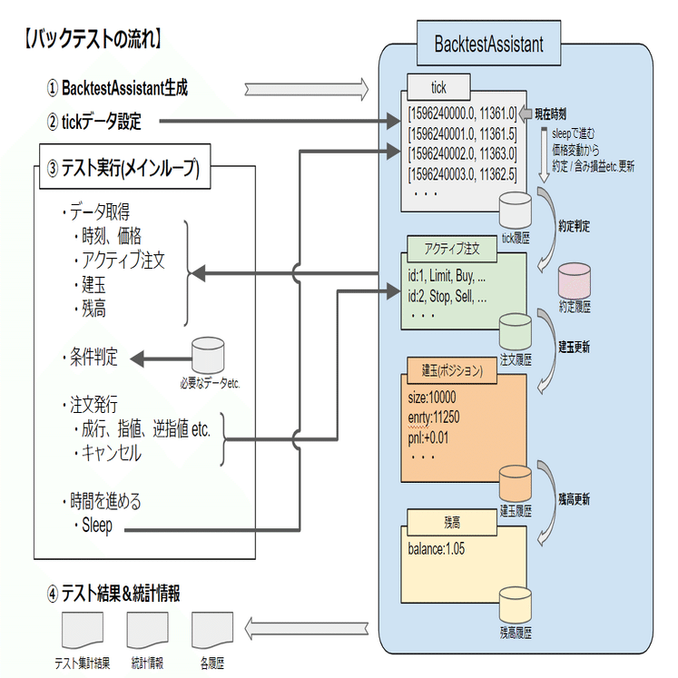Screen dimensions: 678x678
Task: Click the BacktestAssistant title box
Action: [488, 44]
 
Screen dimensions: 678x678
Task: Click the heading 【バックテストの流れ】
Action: [91, 38]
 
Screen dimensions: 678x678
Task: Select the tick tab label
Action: [438, 88]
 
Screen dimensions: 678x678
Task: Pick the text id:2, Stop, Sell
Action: [447, 296]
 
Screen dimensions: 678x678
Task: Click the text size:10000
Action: [432, 398]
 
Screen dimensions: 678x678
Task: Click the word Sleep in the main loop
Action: [97, 525]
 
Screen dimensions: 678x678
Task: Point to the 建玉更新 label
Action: [575, 347]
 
